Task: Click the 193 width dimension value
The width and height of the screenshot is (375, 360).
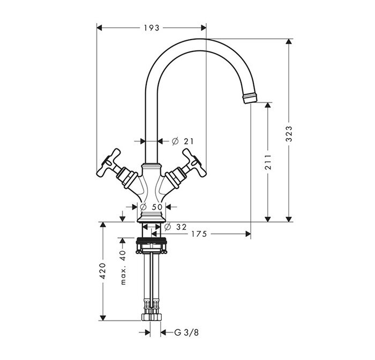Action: click(152, 28)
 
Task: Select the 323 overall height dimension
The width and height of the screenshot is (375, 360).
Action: click(289, 134)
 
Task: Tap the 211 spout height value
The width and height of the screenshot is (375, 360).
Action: click(268, 162)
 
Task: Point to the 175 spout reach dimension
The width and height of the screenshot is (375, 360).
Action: click(199, 234)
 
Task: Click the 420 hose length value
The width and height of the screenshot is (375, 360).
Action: click(103, 271)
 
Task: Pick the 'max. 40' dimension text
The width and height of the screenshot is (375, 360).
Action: click(123, 267)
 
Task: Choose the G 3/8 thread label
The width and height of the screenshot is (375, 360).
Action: click(186, 333)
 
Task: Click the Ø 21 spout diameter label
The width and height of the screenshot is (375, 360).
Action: click(183, 141)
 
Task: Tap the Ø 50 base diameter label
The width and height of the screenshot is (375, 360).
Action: click(152, 207)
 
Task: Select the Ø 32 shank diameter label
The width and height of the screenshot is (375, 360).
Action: click(175, 227)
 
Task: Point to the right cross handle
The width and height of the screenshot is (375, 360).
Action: click(194, 163)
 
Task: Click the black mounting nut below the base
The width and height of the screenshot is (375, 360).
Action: click(151, 241)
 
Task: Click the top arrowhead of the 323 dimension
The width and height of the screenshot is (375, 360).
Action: click(289, 41)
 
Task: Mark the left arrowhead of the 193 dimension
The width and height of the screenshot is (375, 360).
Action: click(99, 28)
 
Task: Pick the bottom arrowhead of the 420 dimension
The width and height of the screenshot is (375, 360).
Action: click(103, 318)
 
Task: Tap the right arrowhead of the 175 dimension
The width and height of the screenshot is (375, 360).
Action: click(248, 234)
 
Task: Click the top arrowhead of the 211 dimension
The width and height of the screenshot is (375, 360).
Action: click(268, 105)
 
